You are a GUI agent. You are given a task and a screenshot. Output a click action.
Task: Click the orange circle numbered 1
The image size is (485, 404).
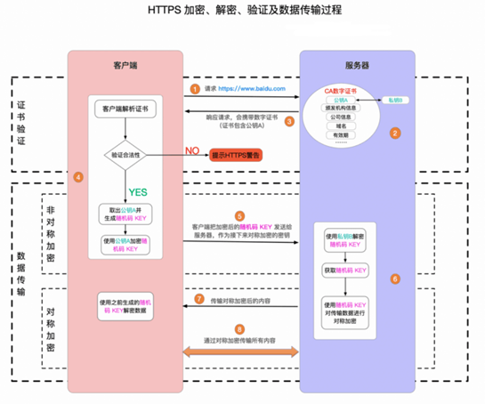tap(195, 89)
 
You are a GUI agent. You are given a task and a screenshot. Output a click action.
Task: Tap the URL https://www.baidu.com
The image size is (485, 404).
tap(247, 89)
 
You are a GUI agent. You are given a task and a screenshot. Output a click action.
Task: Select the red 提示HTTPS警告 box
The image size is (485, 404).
tap(241, 155)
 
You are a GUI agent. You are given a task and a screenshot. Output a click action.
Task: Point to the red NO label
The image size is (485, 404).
tap(190, 150)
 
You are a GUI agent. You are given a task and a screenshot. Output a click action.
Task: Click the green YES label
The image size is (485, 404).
tap(139, 191)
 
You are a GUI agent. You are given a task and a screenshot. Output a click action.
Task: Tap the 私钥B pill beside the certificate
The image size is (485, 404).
tap(394, 101)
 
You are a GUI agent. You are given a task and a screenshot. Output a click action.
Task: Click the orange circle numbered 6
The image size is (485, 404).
tap(395, 278)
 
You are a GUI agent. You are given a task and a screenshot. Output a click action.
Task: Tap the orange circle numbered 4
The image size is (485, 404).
tap(78, 177)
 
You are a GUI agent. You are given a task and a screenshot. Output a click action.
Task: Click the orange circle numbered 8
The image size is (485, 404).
tap(238, 328)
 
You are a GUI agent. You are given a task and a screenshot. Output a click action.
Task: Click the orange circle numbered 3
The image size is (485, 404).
tap(288, 121)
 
